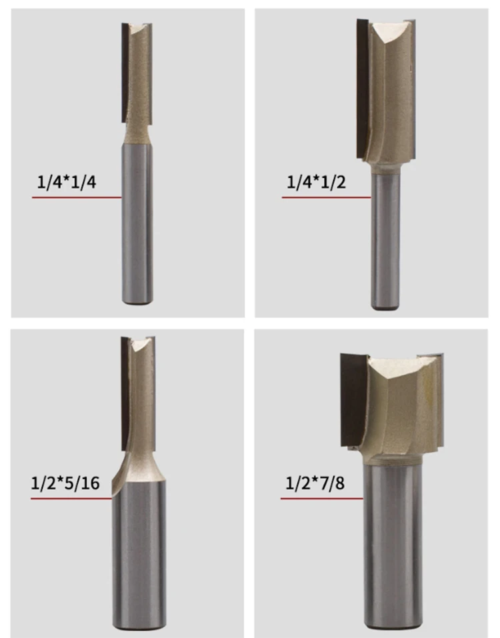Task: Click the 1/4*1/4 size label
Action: [x=67, y=182]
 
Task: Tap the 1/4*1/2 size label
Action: [x=316, y=182]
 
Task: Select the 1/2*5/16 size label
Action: [x=65, y=483]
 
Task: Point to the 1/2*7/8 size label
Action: [x=315, y=483]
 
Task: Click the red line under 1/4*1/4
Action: [x=77, y=197]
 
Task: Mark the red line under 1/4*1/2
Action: [x=327, y=197]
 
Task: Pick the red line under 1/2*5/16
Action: [x=71, y=498]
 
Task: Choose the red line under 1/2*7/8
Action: [x=322, y=498]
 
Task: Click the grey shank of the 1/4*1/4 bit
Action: [x=137, y=224]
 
